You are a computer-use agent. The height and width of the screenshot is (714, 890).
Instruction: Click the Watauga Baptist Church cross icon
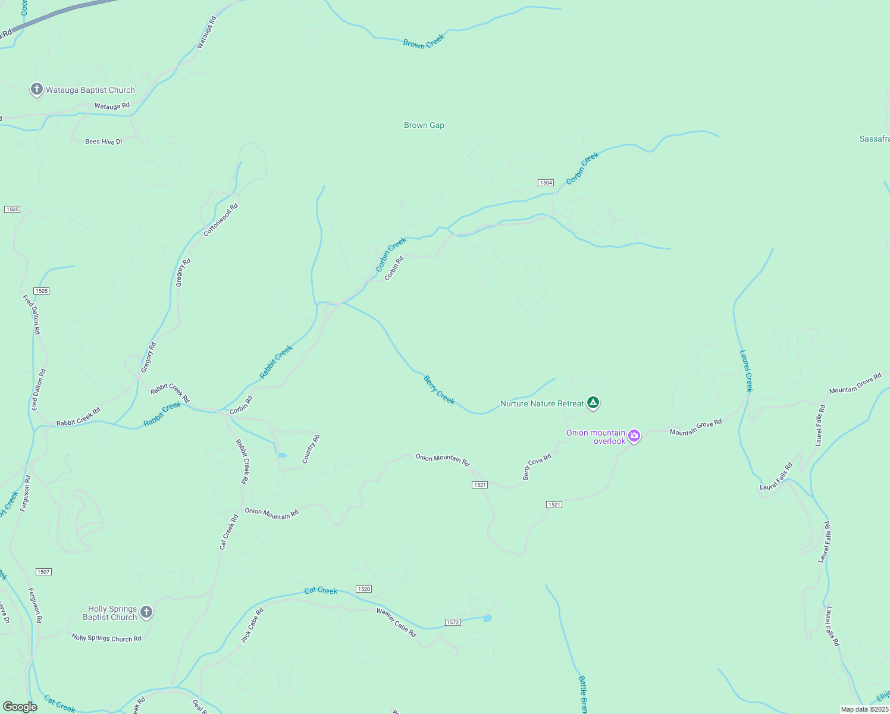coord(36,90)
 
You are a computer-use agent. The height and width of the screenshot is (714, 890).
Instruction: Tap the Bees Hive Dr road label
coord(104,142)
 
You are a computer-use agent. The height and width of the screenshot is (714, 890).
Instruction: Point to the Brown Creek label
coord(424,41)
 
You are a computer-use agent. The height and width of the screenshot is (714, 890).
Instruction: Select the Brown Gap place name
coord(424,125)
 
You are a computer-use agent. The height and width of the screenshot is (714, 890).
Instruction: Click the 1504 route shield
coord(546,183)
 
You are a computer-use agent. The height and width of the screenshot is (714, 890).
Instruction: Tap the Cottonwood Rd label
coord(221,220)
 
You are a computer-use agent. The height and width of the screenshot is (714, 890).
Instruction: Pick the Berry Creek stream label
coord(439,390)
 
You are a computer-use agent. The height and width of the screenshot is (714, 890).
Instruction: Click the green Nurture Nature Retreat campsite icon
coord(593,403)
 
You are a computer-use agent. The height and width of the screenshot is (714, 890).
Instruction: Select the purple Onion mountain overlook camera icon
coord(634,436)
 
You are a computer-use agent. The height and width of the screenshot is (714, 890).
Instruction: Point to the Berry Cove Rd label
coord(537,466)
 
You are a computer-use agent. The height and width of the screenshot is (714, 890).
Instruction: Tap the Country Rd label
coord(311,449)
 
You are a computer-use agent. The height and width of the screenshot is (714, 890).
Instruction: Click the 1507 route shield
coord(43,572)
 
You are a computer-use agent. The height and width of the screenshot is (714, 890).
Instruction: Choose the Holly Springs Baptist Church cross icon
coord(146,612)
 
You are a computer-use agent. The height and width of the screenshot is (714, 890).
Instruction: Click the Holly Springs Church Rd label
coord(106,638)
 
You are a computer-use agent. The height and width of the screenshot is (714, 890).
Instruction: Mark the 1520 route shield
coord(363,589)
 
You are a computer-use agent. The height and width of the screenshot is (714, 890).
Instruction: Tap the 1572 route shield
coord(453,622)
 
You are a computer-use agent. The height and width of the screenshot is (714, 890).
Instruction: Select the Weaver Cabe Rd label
coord(396,622)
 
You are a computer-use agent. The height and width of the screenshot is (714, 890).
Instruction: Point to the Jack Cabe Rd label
coord(252,625)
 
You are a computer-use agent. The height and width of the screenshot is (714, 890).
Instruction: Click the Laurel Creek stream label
coord(746,371)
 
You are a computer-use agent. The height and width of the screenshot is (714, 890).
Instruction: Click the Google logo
coord(20,707)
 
